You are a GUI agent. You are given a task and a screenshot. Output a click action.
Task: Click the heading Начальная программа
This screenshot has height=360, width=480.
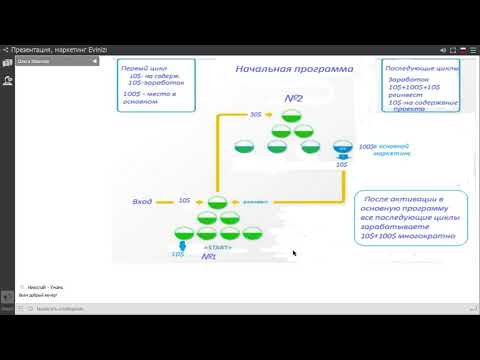point(294,70)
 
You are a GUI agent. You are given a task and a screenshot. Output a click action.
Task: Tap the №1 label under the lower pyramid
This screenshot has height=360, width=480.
point(210,257)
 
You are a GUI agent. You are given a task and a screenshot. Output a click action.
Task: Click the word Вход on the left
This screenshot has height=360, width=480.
point(142,201)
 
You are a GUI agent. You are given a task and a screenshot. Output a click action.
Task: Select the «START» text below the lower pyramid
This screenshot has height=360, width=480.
point(217,245)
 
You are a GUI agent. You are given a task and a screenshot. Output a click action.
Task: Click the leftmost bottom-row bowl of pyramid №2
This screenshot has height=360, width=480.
point(243,149)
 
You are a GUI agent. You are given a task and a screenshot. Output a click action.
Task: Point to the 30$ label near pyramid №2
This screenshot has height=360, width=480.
point(256,114)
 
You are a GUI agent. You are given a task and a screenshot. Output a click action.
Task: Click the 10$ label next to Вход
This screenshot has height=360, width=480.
point(185,200)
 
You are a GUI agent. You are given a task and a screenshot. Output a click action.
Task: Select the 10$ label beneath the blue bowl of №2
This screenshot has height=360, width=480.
point(343,164)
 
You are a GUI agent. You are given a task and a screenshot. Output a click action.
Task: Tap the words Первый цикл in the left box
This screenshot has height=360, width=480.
point(139,68)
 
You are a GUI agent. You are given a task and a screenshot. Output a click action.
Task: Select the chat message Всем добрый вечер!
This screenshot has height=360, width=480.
point(38,296)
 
